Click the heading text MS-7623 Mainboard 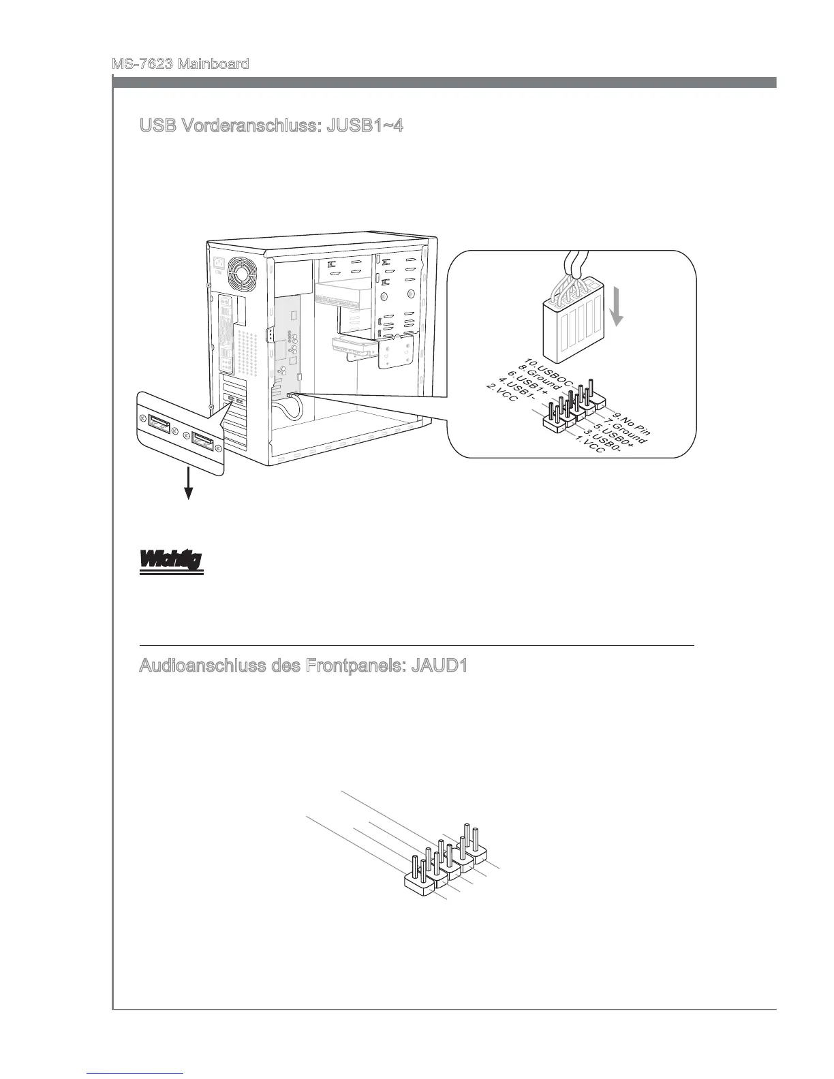[x=180, y=64]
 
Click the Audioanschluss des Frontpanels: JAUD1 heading [x=303, y=666]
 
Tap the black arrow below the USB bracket [x=187, y=486]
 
